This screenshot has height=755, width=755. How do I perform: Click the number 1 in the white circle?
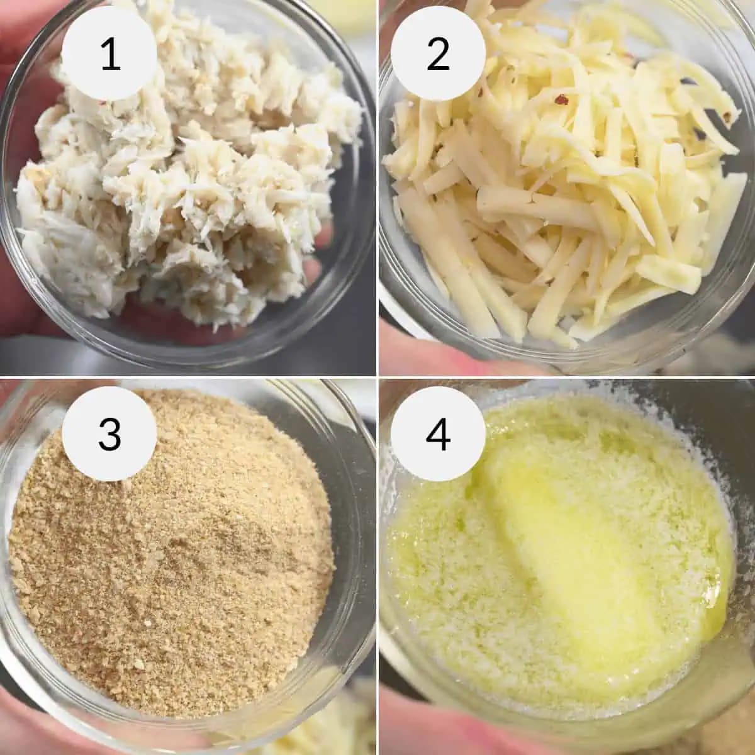tap(111, 56)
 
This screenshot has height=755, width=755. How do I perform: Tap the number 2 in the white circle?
tap(438, 56)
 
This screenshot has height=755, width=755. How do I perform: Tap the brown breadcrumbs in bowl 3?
tap(172, 549)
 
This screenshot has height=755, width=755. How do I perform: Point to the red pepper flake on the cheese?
tap(562, 100)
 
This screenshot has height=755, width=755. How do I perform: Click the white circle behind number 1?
tap(109, 53)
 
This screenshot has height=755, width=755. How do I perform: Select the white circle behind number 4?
tap(438, 433)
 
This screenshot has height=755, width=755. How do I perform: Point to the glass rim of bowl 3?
tap(352, 510)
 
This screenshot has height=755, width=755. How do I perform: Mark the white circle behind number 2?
tap(438, 53)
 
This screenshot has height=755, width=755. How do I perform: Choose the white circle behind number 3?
tap(109, 433)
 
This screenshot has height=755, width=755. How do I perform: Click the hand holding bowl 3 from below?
tap(59, 729)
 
